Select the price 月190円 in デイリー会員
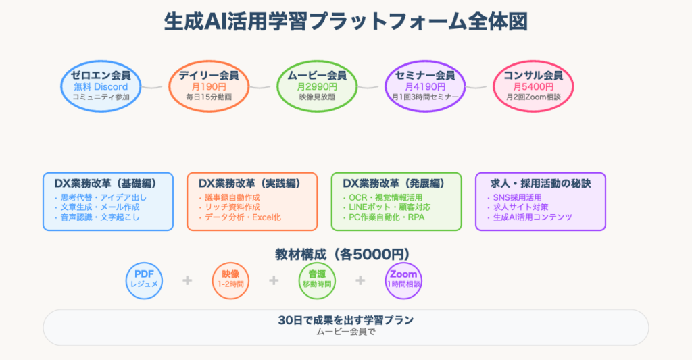point(209,86)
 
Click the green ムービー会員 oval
point(317,86)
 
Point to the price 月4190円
point(425,86)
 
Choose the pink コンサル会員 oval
point(533,86)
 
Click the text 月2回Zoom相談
point(533,97)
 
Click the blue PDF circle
point(144,279)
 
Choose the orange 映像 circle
point(230,279)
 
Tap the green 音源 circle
point(317,279)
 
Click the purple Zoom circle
point(403,279)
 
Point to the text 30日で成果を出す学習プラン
point(345,320)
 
